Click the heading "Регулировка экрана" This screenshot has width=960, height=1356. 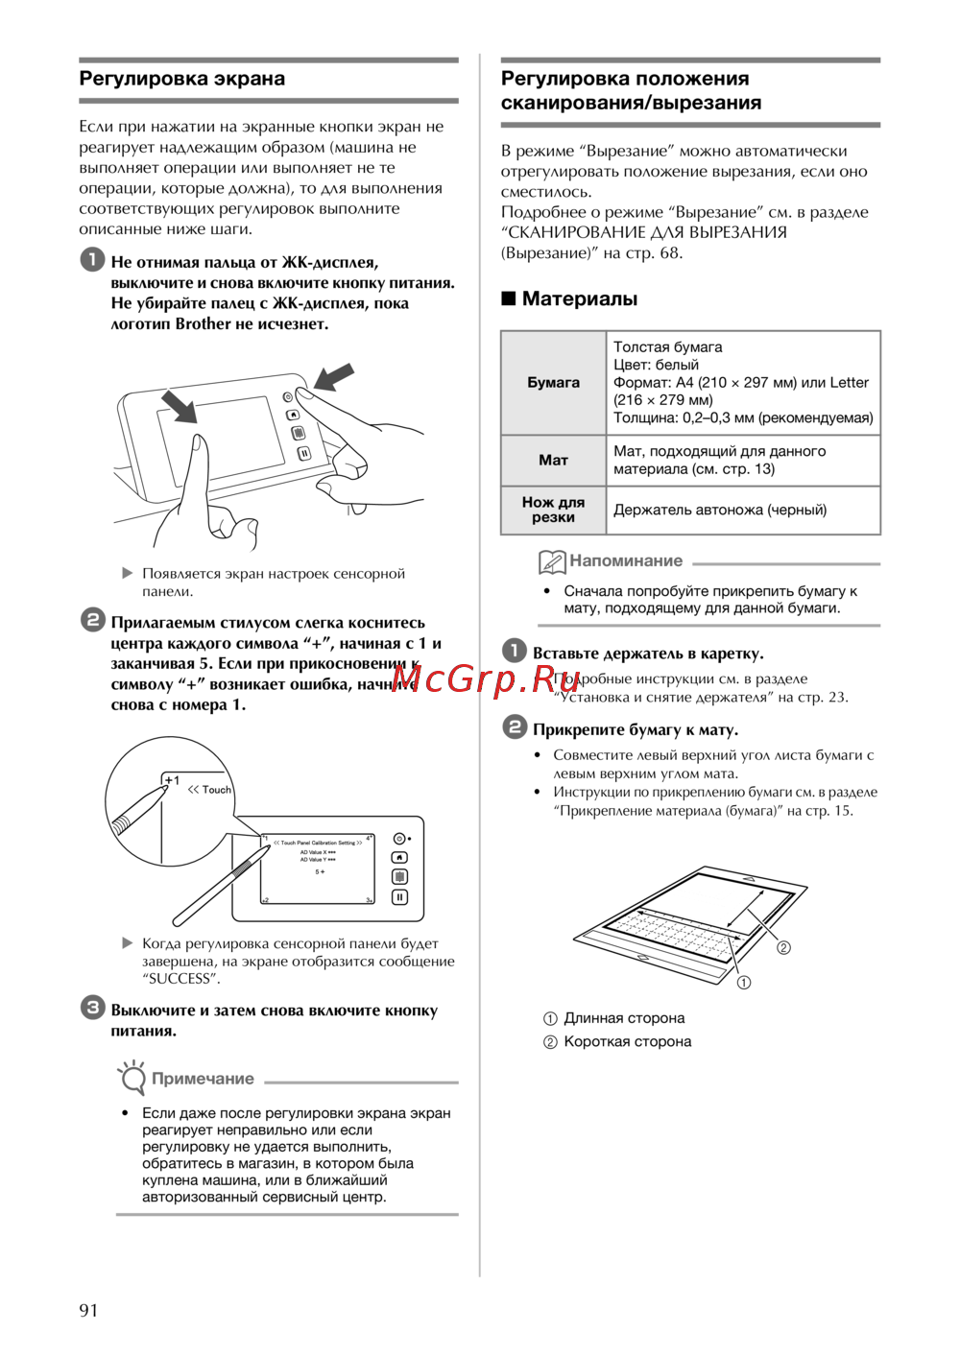[x=182, y=79]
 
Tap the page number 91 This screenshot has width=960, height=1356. [x=88, y=1310]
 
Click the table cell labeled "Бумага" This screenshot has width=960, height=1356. [x=553, y=382]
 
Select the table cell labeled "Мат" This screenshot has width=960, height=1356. [x=553, y=460]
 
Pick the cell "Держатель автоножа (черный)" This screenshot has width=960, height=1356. [x=720, y=510]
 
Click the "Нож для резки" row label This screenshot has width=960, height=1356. [x=553, y=510]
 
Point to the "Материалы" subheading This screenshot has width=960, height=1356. [x=579, y=298]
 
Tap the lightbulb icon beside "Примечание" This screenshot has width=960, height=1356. [x=132, y=1077]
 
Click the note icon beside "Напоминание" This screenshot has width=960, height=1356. [x=552, y=561]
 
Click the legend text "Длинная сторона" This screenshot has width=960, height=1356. [x=624, y=1018]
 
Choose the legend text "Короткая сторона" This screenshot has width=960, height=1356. [x=627, y=1041]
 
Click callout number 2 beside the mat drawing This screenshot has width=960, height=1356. [x=783, y=948]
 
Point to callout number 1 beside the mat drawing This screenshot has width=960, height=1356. [x=743, y=983]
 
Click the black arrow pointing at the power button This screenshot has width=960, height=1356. [x=333, y=376]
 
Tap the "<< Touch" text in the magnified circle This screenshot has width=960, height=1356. [x=209, y=790]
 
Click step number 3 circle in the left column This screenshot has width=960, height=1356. [x=92, y=1008]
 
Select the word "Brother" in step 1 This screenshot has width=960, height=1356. [x=203, y=323]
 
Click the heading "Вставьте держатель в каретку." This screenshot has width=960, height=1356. [x=648, y=654]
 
